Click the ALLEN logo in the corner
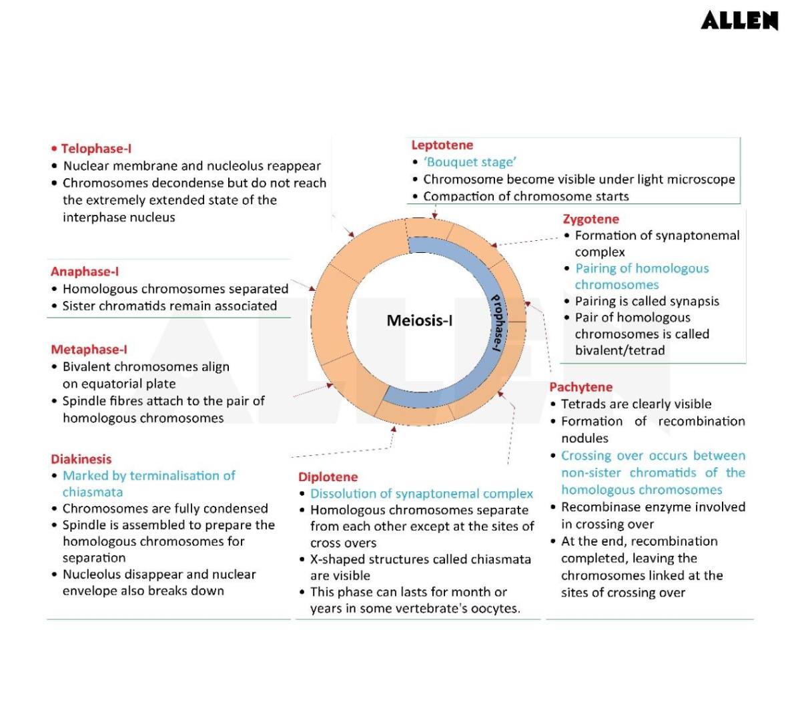click(739, 21)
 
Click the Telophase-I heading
click(96, 148)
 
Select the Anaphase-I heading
click(85, 272)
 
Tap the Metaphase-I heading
click(89, 349)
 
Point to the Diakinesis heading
click(81, 459)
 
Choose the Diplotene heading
click(328, 477)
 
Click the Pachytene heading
click(580, 387)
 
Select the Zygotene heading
click(590, 219)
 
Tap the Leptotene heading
click(442, 145)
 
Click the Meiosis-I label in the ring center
click(419, 321)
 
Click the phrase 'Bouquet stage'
click(470, 162)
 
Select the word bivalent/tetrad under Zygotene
click(620, 350)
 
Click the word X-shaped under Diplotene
click(336, 559)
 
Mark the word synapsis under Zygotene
click(695, 301)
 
